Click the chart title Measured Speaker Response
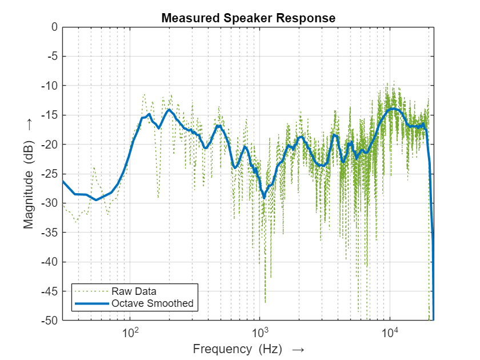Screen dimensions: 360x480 click(248, 18)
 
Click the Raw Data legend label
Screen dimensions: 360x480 click(134, 290)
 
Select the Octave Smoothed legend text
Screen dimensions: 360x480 click(153, 303)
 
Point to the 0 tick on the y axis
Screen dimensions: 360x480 click(54, 27)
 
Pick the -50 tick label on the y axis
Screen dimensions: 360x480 click(50, 321)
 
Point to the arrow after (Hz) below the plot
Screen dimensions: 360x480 click(298, 349)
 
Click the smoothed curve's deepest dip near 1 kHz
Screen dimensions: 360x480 click(264, 198)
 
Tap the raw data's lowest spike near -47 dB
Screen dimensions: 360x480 click(265, 302)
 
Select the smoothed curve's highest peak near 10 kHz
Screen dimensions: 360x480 click(393, 109)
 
